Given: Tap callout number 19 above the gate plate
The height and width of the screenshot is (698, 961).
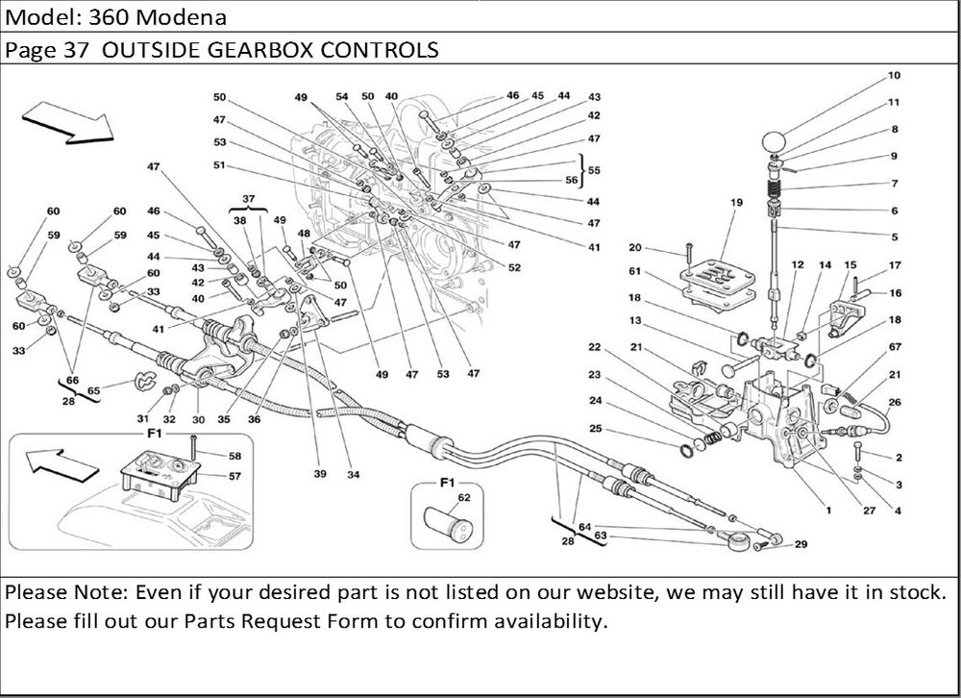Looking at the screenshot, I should click(737, 203).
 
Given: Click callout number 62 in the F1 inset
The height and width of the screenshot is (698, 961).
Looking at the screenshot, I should click(464, 497).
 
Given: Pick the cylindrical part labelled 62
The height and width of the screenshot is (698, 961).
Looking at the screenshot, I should click(446, 527).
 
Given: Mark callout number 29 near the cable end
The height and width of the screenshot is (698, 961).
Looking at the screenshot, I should click(801, 545).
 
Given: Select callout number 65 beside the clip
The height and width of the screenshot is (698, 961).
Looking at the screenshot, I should click(94, 392).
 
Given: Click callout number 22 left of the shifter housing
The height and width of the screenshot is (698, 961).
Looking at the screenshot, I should click(595, 347).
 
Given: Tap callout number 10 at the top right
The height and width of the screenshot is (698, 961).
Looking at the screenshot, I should click(894, 75).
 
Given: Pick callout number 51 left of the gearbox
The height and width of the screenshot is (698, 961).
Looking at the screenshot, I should click(220, 164).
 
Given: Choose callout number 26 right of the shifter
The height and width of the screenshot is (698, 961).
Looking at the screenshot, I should click(895, 402).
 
